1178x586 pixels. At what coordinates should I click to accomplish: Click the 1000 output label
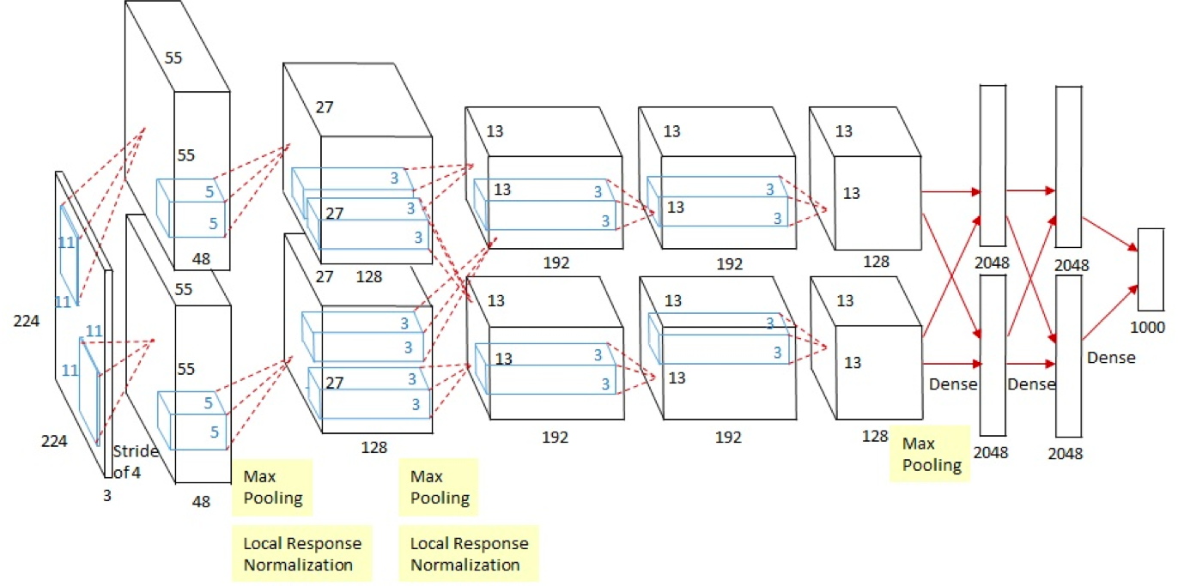[1147, 328]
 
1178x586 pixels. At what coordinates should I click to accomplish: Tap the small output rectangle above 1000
[1151, 269]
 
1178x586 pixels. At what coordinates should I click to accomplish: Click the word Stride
[136, 451]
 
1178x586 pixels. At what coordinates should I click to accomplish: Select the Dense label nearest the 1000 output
[1111, 358]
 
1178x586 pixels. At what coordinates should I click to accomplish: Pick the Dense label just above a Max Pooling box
[953, 384]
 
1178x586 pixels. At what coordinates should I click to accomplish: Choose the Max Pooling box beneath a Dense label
[930, 454]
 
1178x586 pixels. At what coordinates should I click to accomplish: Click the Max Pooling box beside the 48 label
[272, 487]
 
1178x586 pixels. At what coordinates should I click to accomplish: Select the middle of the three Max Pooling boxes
[439, 487]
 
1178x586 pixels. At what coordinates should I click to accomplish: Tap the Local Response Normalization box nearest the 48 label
[302, 554]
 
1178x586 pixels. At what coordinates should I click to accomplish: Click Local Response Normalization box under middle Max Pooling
[469, 554]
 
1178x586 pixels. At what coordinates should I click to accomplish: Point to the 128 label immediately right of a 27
[368, 276]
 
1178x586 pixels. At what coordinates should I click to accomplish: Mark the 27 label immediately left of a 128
[324, 276]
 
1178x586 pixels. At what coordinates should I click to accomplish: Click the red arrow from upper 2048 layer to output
[1109, 233]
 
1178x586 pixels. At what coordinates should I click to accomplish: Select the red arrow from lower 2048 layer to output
[1109, 312]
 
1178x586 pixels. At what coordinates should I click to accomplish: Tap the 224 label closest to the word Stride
[54, 441]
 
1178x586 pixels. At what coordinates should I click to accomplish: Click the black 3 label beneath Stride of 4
[107, 496]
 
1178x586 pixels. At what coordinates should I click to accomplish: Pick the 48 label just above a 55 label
[201, 258]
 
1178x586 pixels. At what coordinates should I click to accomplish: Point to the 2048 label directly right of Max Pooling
[991, 452]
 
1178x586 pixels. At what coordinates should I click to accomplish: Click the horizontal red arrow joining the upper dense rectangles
[1030, 190]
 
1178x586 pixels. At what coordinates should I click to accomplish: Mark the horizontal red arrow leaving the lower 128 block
[952, 363]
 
